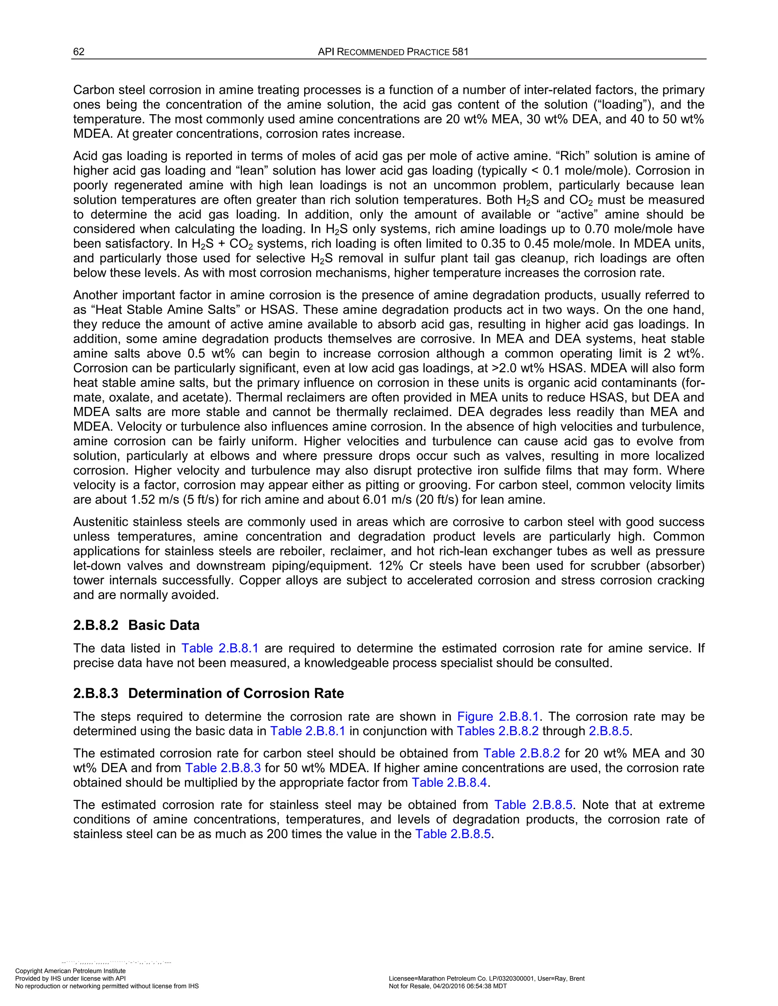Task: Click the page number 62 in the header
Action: click(x=79, y=52)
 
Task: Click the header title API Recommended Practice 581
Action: click(x=393, y=52)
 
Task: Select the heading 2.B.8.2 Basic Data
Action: click(x=136, y=625)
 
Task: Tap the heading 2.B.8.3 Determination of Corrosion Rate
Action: click(x=208, y=693)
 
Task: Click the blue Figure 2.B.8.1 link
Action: click(x=497, y=717)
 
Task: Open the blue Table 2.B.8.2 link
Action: click(x=521, y=753)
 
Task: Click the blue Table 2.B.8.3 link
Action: click(x=223, y=768)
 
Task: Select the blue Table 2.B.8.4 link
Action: click(x=449, y=783)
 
